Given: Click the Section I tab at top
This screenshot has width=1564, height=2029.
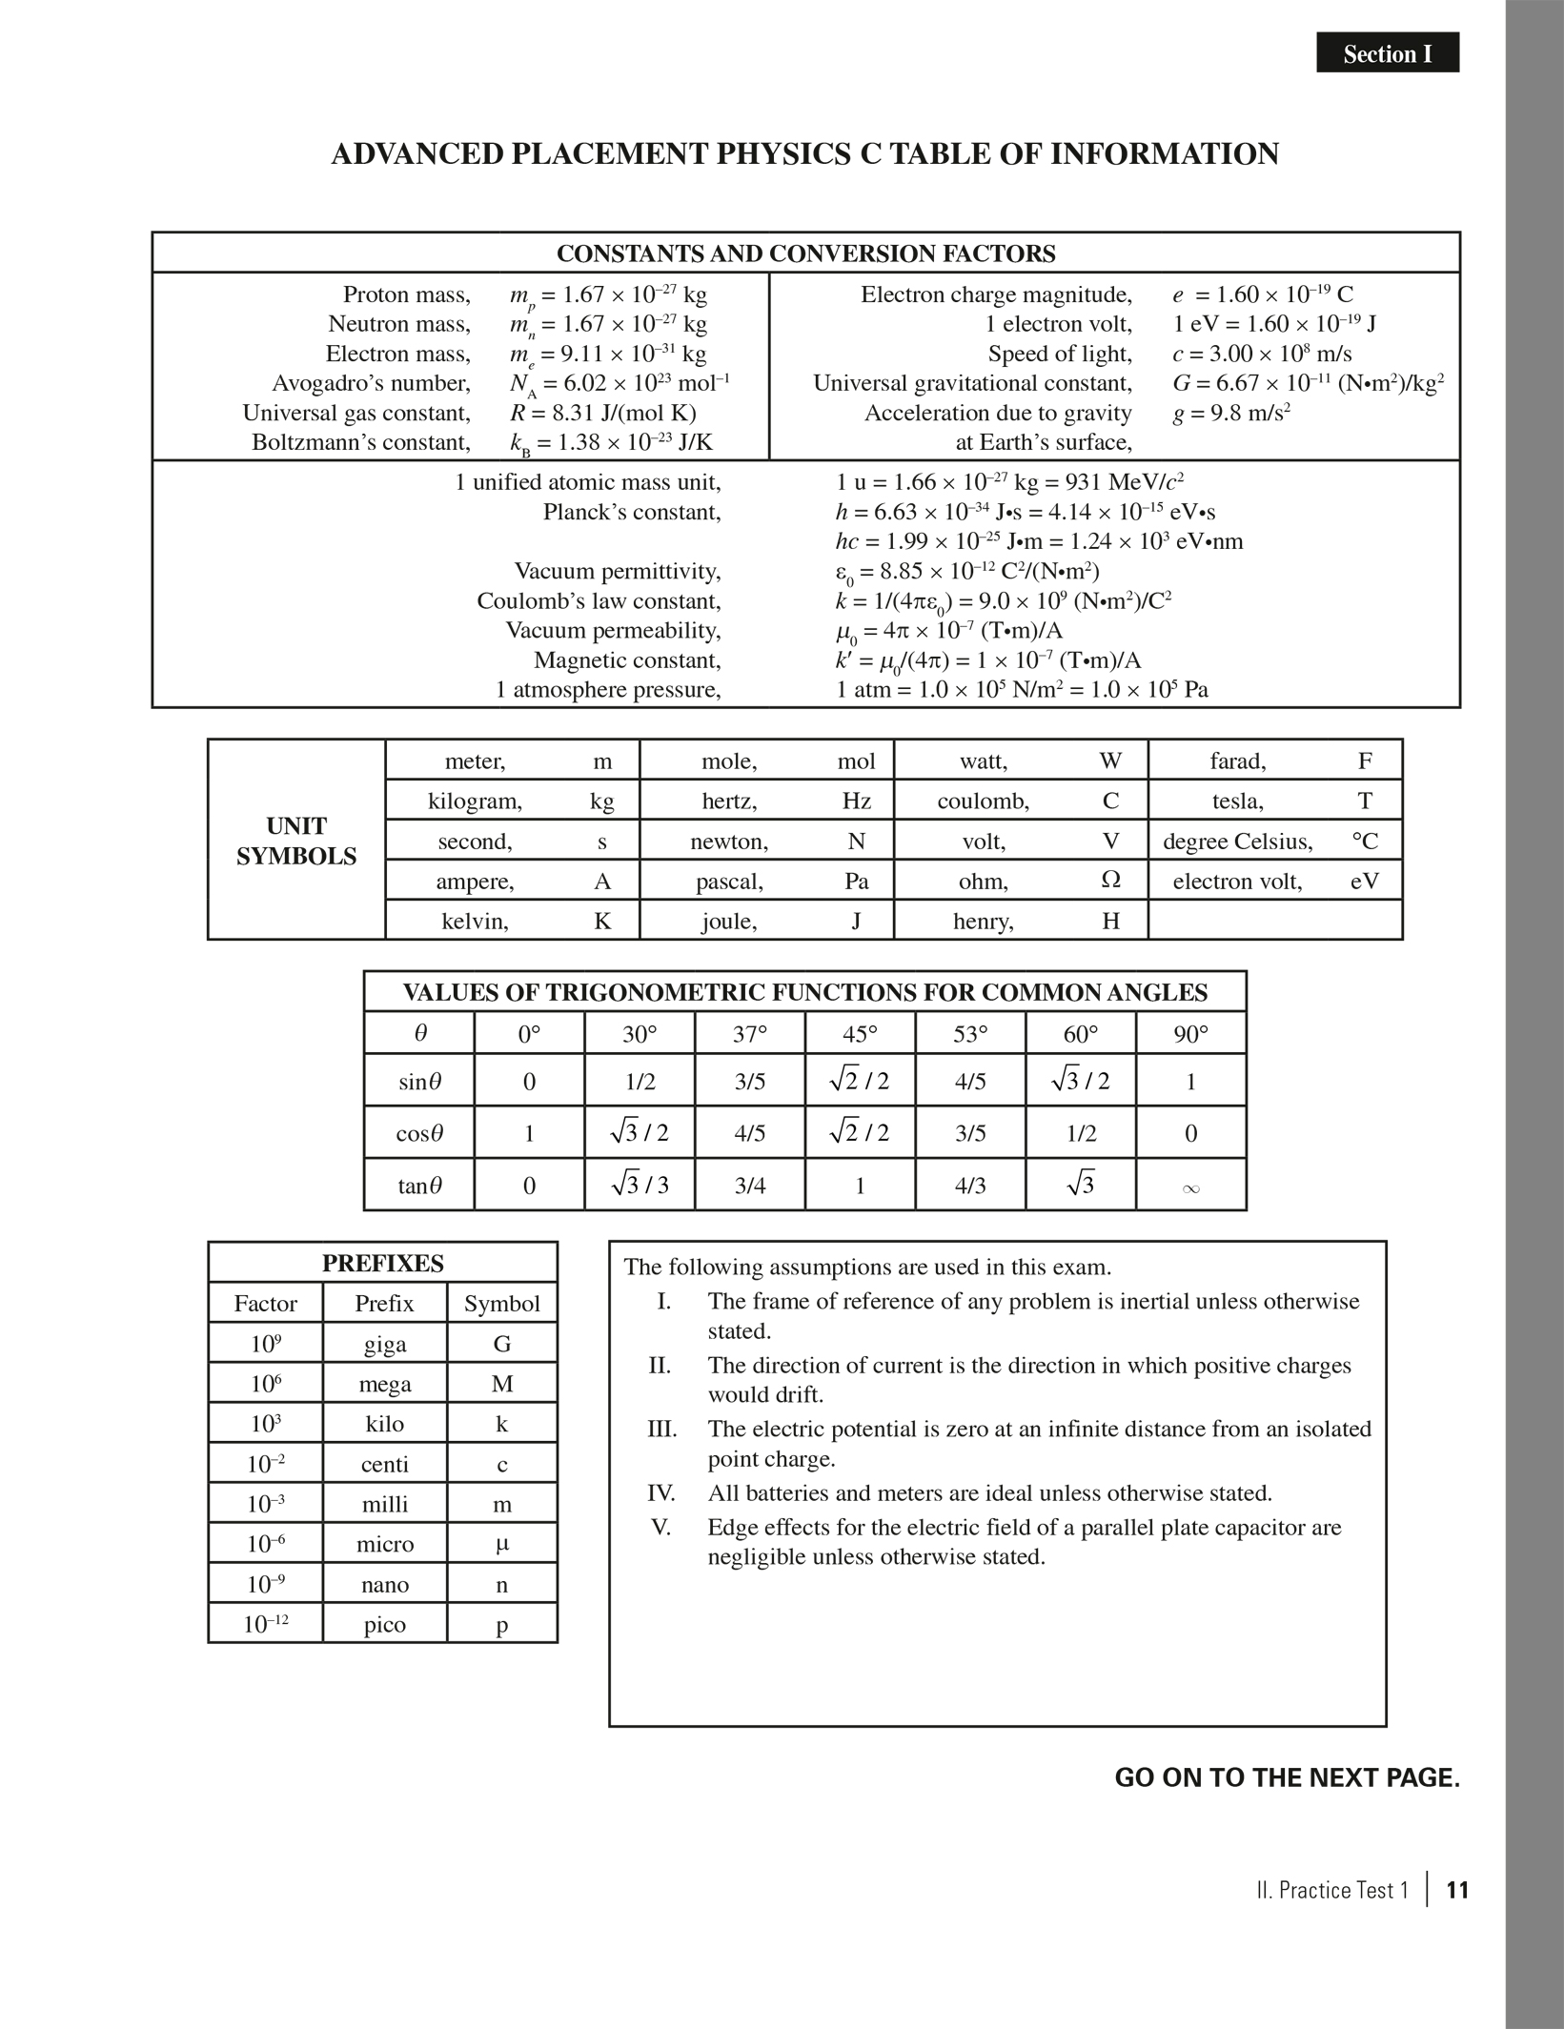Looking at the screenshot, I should [x=1387, y=53].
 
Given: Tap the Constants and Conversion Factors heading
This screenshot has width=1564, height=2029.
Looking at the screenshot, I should [x=805, y=254].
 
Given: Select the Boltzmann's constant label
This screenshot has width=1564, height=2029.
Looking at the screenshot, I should [x=361, y=442].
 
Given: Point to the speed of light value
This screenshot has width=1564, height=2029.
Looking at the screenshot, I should [x=1262, y=354].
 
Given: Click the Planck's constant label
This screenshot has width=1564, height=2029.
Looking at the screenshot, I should [x=632, y=512].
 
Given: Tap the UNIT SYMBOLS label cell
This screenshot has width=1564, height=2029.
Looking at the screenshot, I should [x=296, y=841].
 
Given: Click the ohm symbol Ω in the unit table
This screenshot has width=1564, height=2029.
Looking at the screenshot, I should [x=1110, y=881].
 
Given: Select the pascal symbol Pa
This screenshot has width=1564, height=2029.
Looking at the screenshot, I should [x=856, y=881].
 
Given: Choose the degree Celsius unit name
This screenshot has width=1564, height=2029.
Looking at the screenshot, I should [x=1237, y=842].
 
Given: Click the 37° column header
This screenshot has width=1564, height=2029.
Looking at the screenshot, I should [x=750, y=1033].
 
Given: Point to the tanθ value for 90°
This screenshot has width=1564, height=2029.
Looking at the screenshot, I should [x=1190, y=1187].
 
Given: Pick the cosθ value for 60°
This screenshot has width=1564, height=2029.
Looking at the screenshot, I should [x=1080, y=1133].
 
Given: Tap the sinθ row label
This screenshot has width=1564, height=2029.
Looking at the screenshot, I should [x=419, y=1082].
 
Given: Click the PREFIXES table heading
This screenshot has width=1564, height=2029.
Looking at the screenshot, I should [x=382, y=1263].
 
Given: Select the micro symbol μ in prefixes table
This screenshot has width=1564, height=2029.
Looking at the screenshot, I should [x=502, y=1544].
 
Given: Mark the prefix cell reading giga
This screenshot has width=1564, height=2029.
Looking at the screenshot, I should [x=385, y=1344].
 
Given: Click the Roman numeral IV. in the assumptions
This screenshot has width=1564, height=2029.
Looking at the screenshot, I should [x=661, y=1492].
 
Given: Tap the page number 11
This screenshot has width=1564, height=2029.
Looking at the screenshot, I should [x=1457, y=1890].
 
